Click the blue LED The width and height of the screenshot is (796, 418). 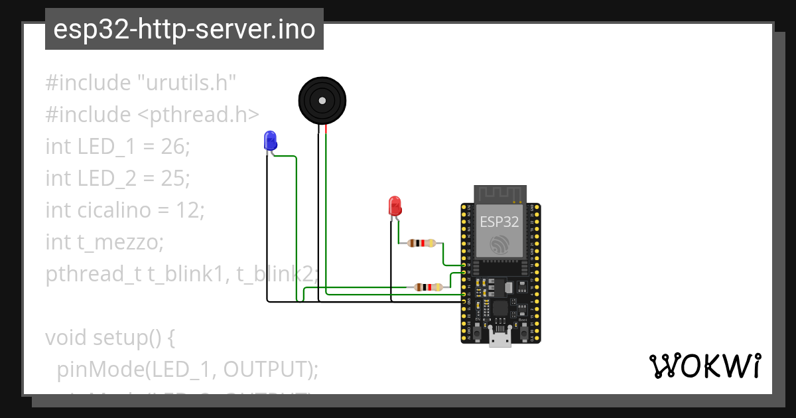point(270,140)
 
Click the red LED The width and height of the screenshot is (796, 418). point(395,205)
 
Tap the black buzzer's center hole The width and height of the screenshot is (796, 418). point(322,101)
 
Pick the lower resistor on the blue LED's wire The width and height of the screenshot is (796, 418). point(428,287)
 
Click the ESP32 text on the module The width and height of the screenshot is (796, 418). point(499,222)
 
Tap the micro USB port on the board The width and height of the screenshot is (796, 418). point(499,338)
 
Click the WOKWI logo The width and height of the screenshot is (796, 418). point(704,366)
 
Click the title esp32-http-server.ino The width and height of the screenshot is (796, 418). point(184,29)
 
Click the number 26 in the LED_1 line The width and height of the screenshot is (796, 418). point(174,147)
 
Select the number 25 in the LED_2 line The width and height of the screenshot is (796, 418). point(175,178)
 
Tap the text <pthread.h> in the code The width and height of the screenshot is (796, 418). point(198,115)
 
